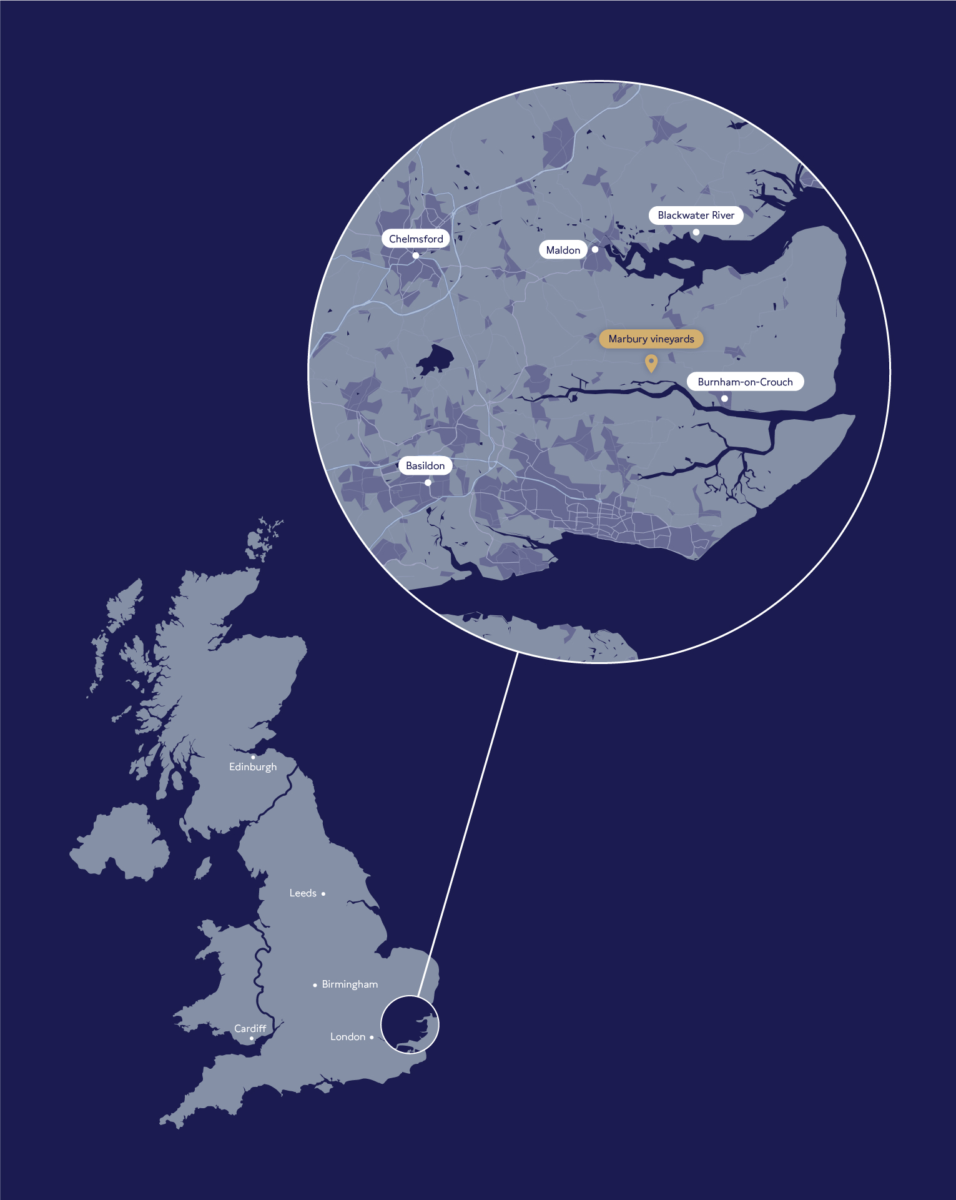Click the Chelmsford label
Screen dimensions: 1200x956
[416, 239]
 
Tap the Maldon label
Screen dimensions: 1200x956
[563, 250]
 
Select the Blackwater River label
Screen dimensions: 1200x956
[696, 215]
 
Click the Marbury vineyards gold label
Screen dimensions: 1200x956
[651, 339]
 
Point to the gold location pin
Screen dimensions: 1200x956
[651, 362]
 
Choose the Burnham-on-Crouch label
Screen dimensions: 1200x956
[745, 382]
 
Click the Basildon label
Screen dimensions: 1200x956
[425, 465]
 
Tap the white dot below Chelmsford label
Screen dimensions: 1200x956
[415, 255]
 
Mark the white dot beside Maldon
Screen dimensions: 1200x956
[595, 249]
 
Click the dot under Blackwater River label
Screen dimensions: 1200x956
[696, 232]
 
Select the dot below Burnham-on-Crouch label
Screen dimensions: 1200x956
[724, 398]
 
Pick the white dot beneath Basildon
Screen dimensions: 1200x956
[428, 482]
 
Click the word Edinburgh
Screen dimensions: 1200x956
[253, 767]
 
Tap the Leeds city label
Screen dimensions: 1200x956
[303, 893]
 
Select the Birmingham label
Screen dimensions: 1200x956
[350, 984]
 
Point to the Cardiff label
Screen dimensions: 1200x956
[250, 1028]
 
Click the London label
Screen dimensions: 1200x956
[348, 1037]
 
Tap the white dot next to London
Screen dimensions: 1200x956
[372, 1037]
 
